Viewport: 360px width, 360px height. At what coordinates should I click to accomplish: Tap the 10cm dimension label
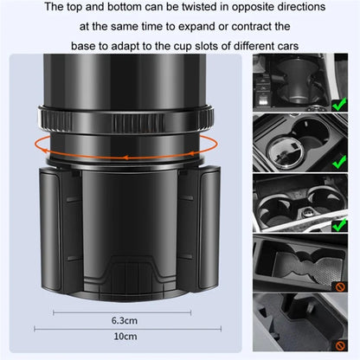[x=125, y=337]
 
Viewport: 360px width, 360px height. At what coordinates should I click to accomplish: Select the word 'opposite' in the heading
[x=282, y=8]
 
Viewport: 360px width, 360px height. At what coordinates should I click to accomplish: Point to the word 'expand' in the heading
[x=193, y=27]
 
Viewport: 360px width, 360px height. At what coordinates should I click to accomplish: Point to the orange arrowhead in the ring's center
[x=126, y=157]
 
